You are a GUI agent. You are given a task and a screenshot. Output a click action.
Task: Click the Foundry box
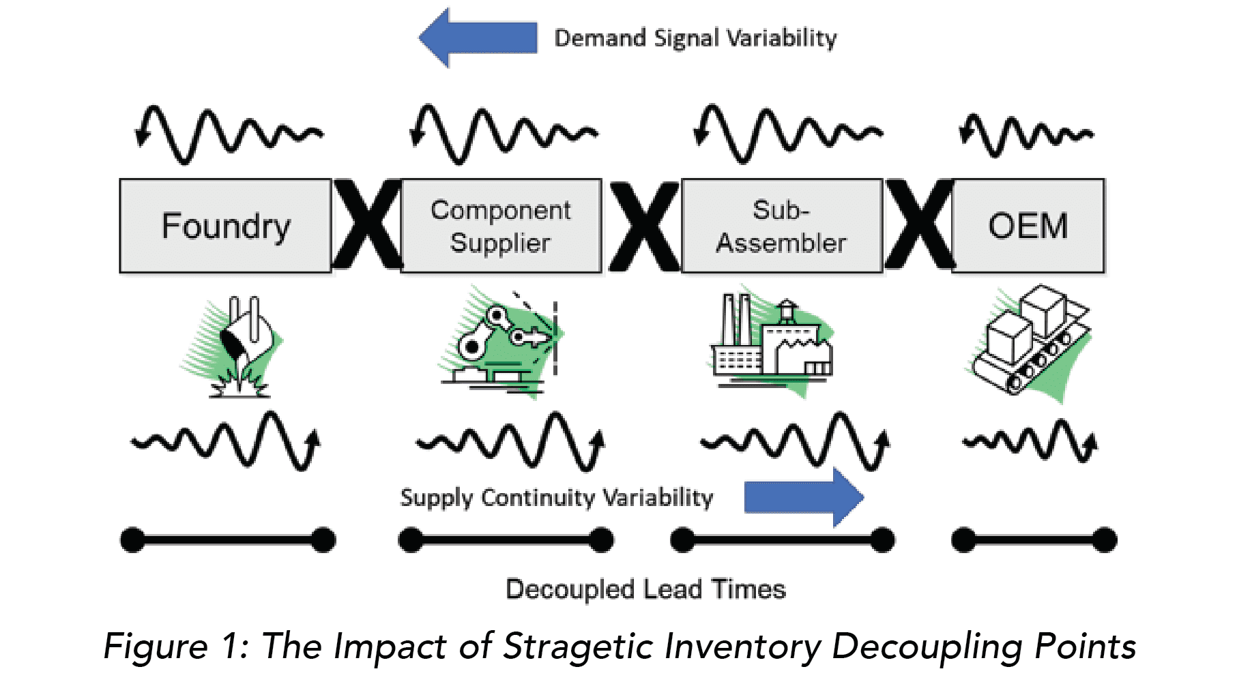click(x=225, y=226)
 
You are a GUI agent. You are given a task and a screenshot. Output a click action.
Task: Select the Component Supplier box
click(x=501, y=226)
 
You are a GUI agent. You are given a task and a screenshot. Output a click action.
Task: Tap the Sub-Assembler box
click(x=781, y=226)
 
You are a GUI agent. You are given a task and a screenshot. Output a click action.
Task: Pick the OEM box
click(x=1028, y=226)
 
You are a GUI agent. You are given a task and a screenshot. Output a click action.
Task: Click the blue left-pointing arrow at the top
click(x=478, y=38)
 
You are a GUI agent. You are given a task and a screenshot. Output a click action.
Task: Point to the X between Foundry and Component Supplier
click(x=367, y=225)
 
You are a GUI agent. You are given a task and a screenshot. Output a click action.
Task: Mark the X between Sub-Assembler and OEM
click(x=919, y=225)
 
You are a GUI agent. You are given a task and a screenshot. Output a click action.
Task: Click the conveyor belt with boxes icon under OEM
click(x=1030, y=341)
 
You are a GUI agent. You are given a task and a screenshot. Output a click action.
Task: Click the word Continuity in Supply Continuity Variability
click(x=538, y=498)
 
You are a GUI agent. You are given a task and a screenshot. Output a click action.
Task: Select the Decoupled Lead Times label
click(x=645, y=589)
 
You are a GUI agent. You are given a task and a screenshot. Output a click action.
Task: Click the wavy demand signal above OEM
click(x=1026, y=134)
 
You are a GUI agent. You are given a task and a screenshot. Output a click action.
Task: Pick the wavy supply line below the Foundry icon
click(x=225, y=441)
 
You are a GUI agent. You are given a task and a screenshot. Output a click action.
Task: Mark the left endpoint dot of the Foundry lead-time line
click(x=132, y=540)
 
